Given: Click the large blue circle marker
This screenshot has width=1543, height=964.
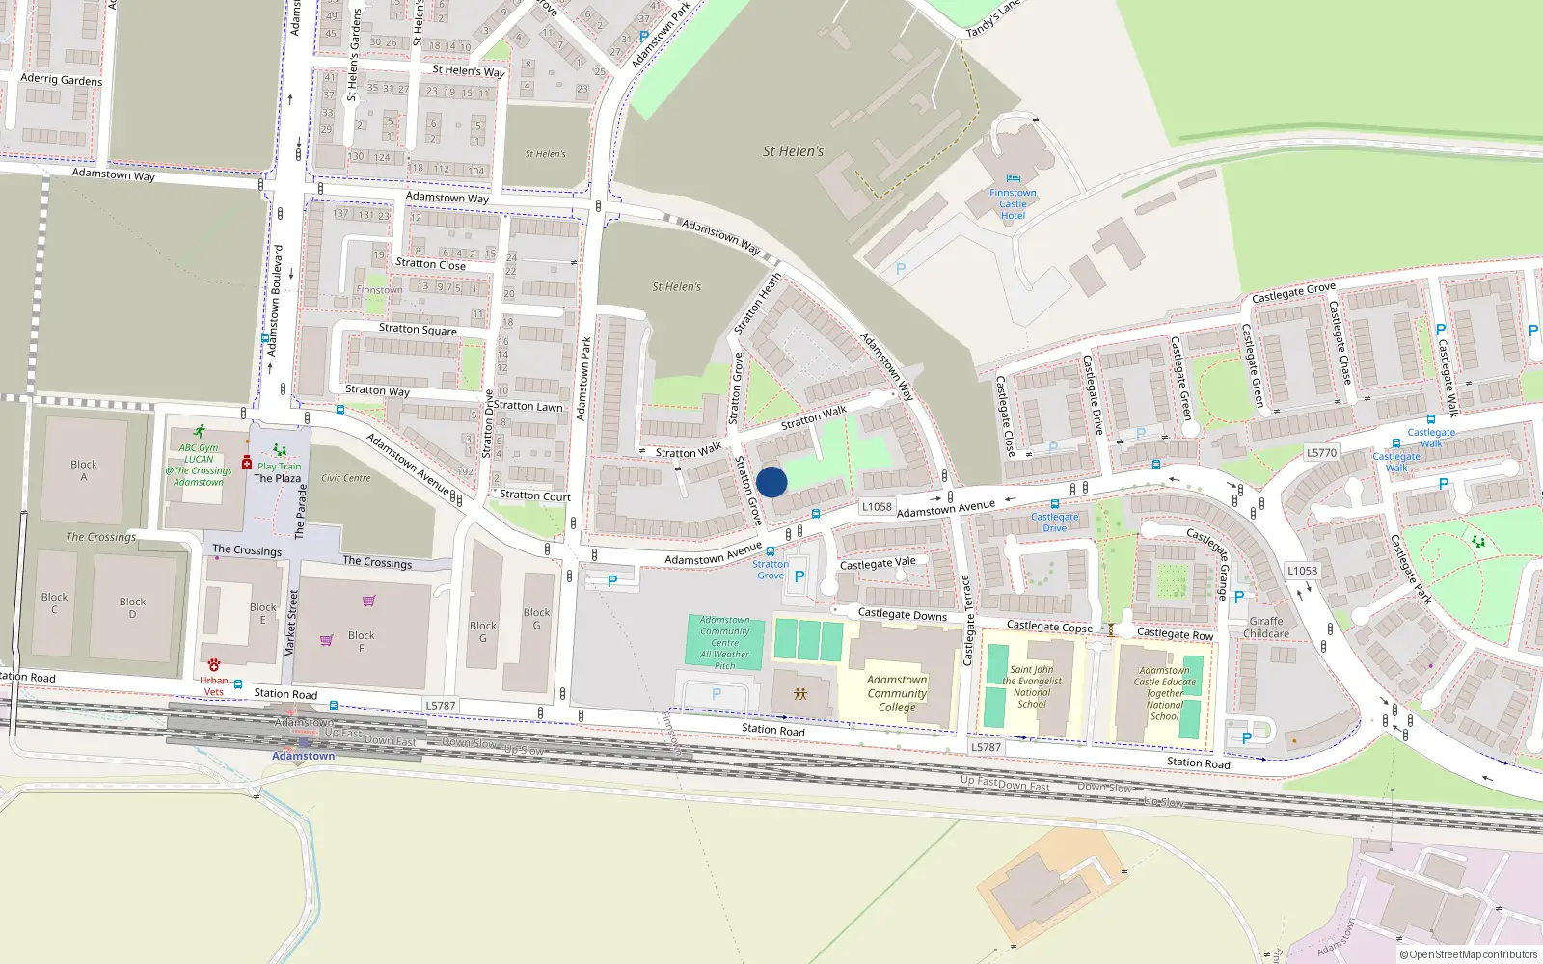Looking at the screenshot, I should tap(771, 482).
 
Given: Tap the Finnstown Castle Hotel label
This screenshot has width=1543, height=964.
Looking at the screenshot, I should tap(1013, 204).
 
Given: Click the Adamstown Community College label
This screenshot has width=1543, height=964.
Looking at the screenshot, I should tap(897, 693).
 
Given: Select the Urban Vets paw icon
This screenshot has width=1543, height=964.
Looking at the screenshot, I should tap(213, 665).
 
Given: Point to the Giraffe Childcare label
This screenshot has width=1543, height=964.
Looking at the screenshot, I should tap(1266, 628).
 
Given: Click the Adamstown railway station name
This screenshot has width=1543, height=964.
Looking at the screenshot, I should tap(303, 756).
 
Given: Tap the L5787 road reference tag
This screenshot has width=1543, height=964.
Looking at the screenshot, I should tap(441, 706).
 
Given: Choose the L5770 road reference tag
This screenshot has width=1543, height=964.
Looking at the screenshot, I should tap(1321, 452).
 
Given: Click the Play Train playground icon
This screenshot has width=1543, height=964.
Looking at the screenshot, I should tap(280, 450).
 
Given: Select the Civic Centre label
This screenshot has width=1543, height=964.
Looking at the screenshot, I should tap(346, 478).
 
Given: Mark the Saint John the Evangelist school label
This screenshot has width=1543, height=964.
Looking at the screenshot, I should tap(1032, 686).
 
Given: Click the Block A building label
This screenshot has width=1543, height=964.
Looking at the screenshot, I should tap(84, 470).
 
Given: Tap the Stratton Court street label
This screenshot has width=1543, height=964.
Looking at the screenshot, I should tap(535, 496).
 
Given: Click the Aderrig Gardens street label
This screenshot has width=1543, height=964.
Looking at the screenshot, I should tap(61, 80).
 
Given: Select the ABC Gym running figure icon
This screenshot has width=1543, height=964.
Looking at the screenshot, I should tap(199, 432).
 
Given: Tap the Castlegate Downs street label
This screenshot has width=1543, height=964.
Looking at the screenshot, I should tap(903, 614).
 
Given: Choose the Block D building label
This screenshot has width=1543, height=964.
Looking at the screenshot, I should tap(133, 607).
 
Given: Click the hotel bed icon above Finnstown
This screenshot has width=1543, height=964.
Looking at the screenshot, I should tap(1013, 178).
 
